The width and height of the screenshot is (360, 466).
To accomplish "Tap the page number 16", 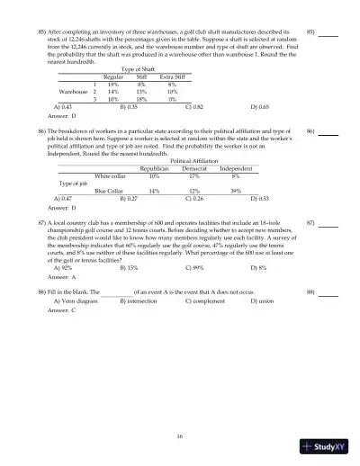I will click(180, 436).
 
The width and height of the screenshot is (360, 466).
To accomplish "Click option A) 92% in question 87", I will click(63, 292).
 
